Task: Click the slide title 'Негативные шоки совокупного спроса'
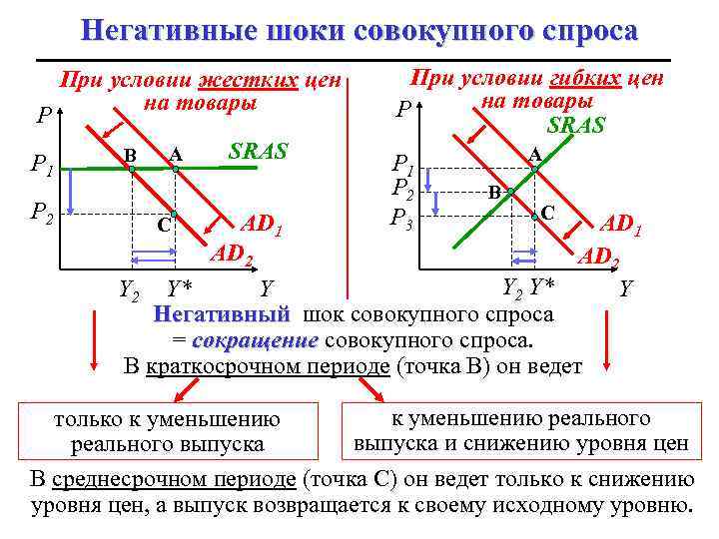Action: pos(359,30)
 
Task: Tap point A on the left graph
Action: pos(175,170)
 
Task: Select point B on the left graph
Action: pos(131,170)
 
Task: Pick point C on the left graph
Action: pos(174,215)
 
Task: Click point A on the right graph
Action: pos(534,170)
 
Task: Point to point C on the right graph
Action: pos(533,212)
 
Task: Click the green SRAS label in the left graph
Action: pos(258,152)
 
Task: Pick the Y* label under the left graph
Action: pos(180,289)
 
